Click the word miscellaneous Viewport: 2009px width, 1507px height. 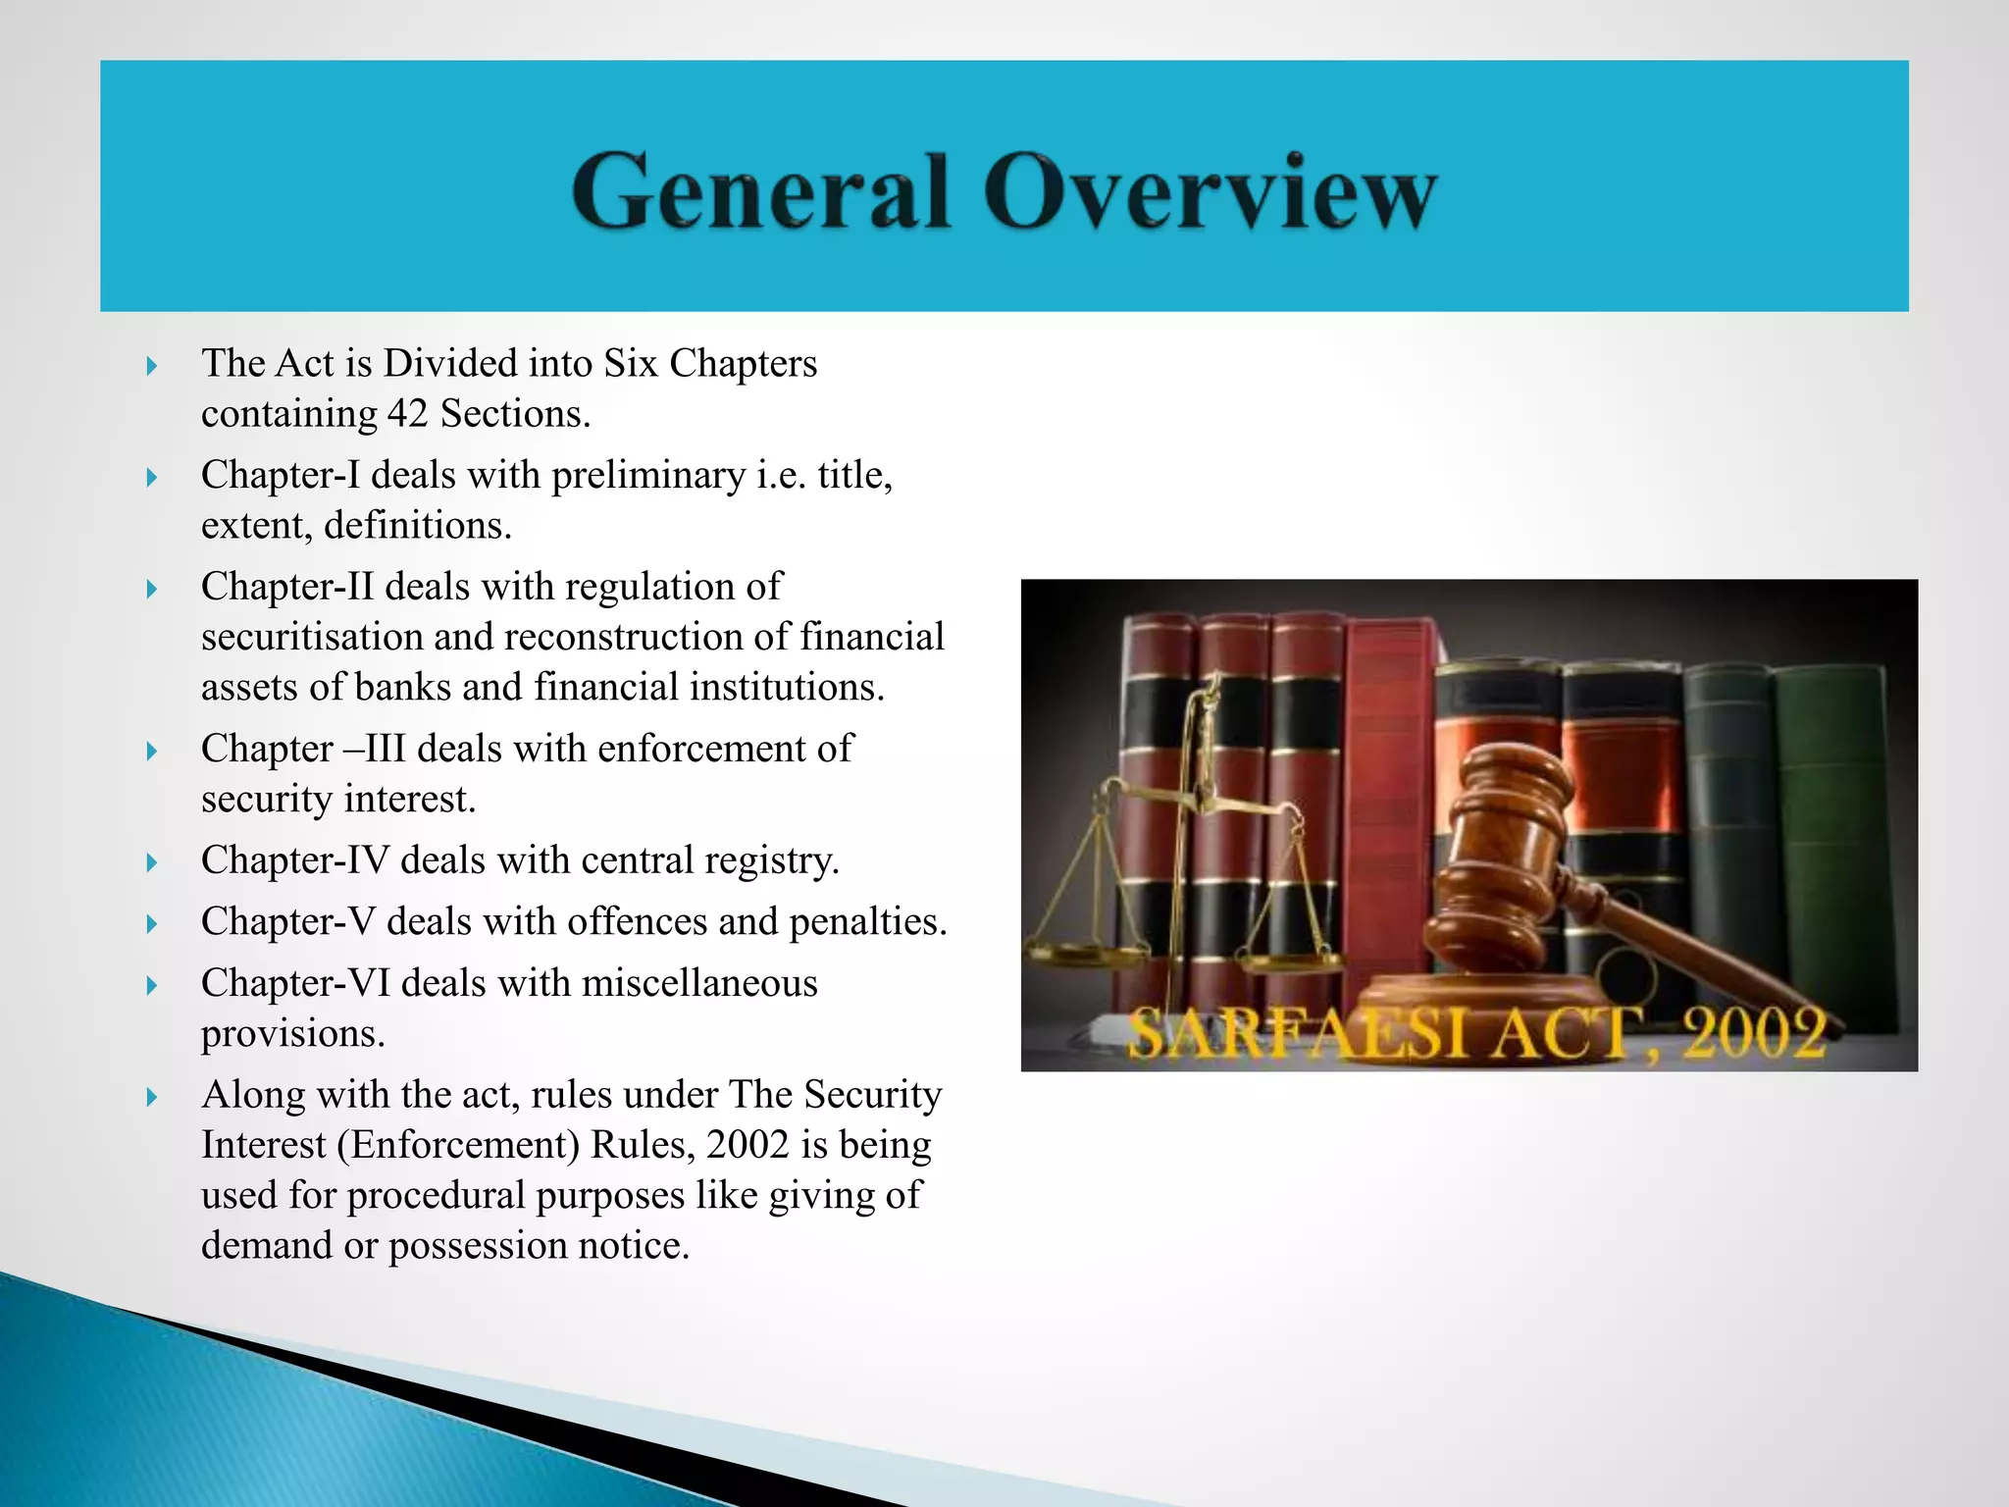point(699,983)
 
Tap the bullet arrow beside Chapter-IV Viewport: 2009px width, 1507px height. point(151,862)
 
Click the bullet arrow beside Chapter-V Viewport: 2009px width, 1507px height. point(151,923)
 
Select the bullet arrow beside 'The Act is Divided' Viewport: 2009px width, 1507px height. point(151,366)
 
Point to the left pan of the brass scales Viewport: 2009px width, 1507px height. point(1084,949)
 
